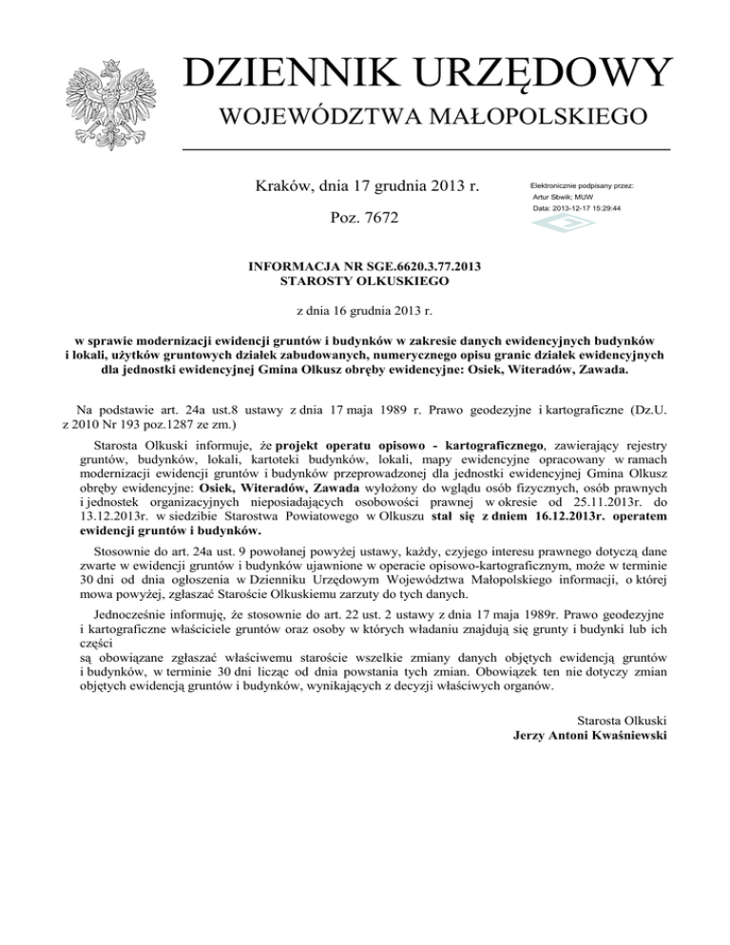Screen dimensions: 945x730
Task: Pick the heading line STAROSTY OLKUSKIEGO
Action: tap(364, 280)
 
